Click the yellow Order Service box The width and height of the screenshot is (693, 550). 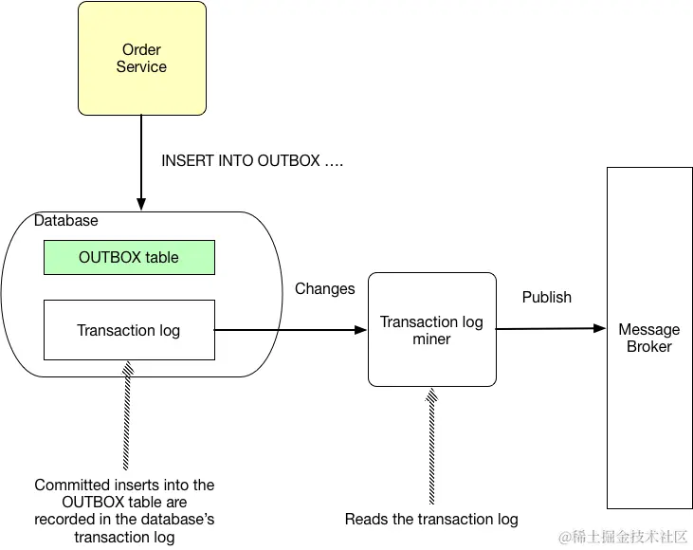click(142, 59)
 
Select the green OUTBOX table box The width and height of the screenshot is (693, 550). click(129, 257)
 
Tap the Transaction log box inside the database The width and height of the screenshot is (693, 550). click(129, 330)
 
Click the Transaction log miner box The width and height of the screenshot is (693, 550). click(431, 329)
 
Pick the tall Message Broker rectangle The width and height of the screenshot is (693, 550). click(649, 338)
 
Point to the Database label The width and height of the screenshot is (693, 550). click(65, 220)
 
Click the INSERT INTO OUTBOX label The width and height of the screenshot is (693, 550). click(252, 160)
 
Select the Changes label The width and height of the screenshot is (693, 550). click(325, 288)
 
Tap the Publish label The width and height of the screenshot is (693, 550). click(547, 297)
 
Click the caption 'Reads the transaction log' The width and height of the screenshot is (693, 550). click(431, 519)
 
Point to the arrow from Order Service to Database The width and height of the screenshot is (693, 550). click(141, 163)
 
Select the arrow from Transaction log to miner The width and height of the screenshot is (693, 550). click(290, 330)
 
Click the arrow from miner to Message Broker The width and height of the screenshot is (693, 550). click(551, 328)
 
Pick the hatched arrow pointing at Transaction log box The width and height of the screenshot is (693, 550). click(127, 415)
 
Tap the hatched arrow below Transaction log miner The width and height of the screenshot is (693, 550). click(431, 446)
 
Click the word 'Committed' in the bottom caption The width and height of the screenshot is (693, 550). click(68, 485)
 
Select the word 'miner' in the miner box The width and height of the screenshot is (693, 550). click(431, 339)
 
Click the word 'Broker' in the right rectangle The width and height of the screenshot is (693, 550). click(649, 347)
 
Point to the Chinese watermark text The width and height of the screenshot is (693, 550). click(623, 537)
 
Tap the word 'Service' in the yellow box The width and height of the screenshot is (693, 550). click(141, 66)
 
